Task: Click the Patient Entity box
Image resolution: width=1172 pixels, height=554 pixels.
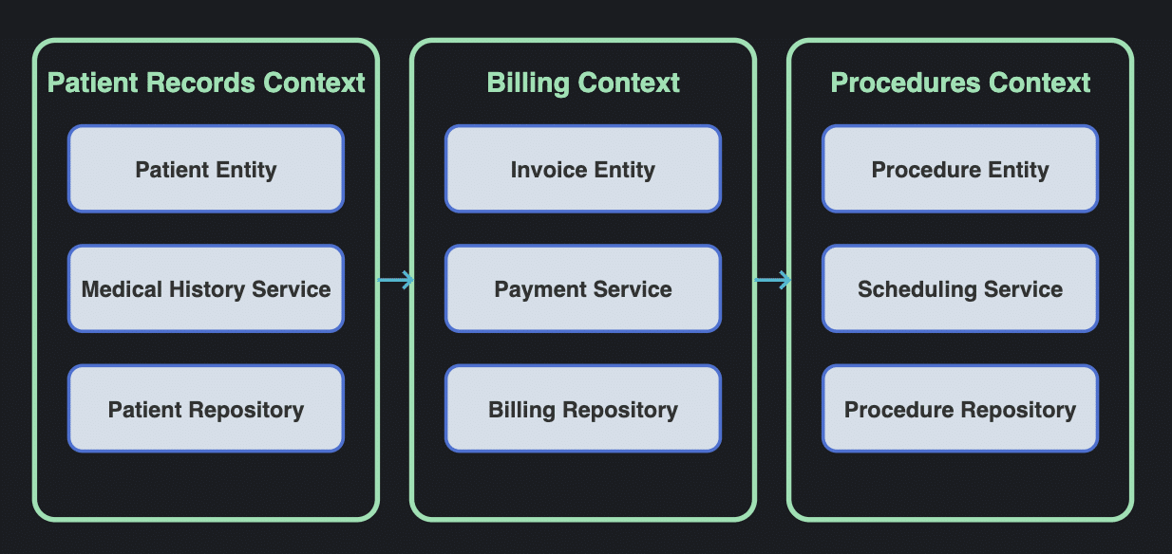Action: tap(205, 169)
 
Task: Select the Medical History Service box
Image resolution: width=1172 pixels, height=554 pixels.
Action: tap(205, 289)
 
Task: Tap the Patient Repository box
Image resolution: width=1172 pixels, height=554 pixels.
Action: tap(205, 409)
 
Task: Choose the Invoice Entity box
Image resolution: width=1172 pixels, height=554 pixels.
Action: tap(582, 169)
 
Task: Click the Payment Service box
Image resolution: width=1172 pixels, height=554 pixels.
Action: tap(582, 289)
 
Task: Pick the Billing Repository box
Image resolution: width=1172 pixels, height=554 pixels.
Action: tap(582, 409)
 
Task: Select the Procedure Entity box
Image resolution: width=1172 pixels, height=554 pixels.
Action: tap(959, 169)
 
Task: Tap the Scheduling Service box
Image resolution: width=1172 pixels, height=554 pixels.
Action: tap(959, 289)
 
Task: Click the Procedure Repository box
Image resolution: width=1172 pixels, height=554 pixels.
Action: tap(959, 409)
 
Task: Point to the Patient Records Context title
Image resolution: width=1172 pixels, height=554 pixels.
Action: tap(206, 83)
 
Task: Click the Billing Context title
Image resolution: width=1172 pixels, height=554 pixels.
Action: tap(583, 83)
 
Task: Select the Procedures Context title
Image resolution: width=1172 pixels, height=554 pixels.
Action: tap(960, 83)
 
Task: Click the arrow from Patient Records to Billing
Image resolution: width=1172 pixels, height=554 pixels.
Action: tap(396, 280)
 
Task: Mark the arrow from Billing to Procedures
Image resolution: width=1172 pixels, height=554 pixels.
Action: tap(772, 280)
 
